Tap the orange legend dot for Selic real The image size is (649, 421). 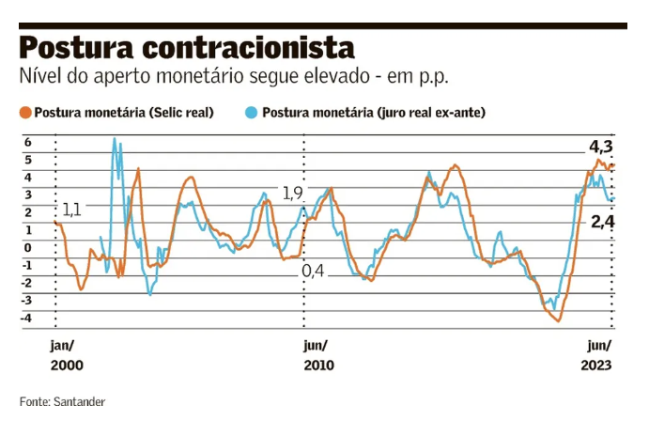25,113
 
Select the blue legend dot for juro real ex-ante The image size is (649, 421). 251,113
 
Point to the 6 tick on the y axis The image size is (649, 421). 28,142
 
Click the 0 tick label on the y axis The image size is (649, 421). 28,247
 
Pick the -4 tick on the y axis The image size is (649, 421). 26,318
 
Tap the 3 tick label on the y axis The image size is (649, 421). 28,195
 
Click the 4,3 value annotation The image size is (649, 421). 600,147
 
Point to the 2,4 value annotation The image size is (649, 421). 602,222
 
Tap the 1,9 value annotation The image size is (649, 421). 293,194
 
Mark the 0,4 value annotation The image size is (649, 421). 313,271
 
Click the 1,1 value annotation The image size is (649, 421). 71,209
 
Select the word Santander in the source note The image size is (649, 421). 80,401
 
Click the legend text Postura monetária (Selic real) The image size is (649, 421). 124,113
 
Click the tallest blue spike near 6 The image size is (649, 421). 115,140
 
